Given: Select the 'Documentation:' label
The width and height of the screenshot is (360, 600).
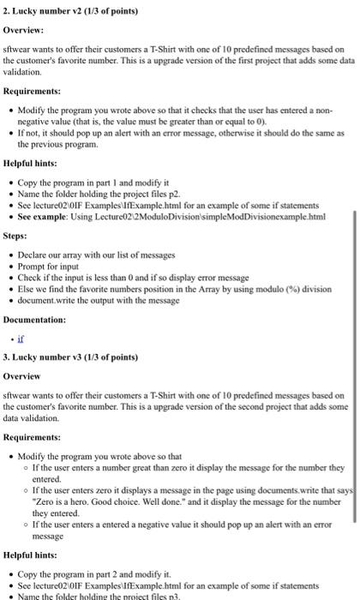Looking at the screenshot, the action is (38, 319).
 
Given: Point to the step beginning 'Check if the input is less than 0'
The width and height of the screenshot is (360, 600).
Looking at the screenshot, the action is (139, 277).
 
